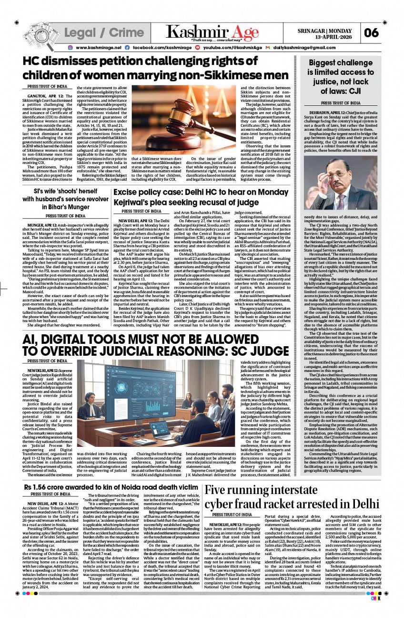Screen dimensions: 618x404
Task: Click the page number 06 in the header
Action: pyautogui.click(x=372, y=32)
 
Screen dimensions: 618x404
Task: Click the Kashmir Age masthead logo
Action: pyautogui.click(x=212, y=32)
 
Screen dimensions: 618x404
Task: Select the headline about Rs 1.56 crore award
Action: pyautogui.click(x=111, y=487)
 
